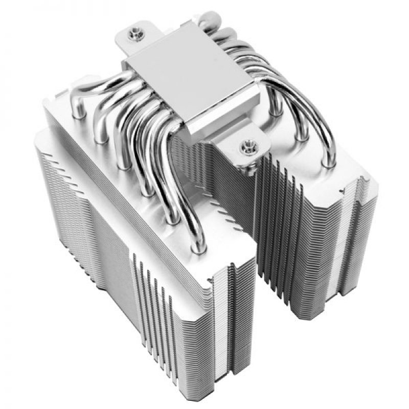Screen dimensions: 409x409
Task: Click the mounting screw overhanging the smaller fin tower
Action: (x=251, y=146)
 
